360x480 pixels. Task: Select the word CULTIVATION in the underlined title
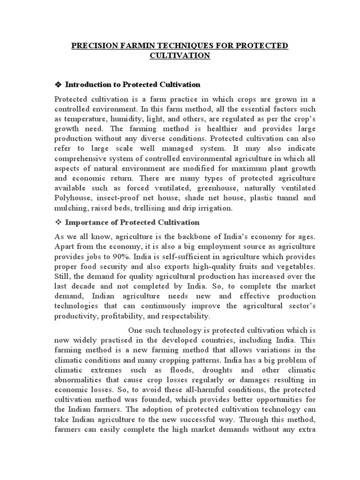(x=180, y=56)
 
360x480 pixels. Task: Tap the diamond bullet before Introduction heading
(x=59, y=84)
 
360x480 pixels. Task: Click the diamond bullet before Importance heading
(x=59, y=222)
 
